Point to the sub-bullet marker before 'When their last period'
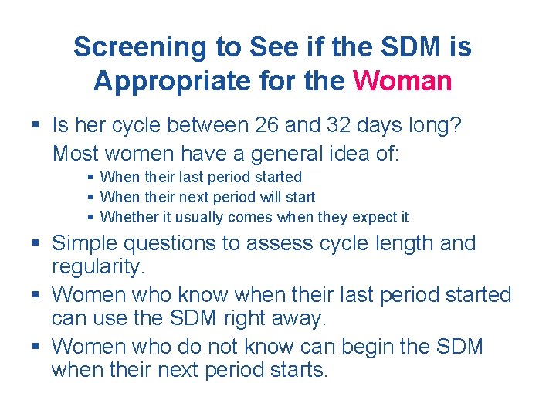[91, 178]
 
